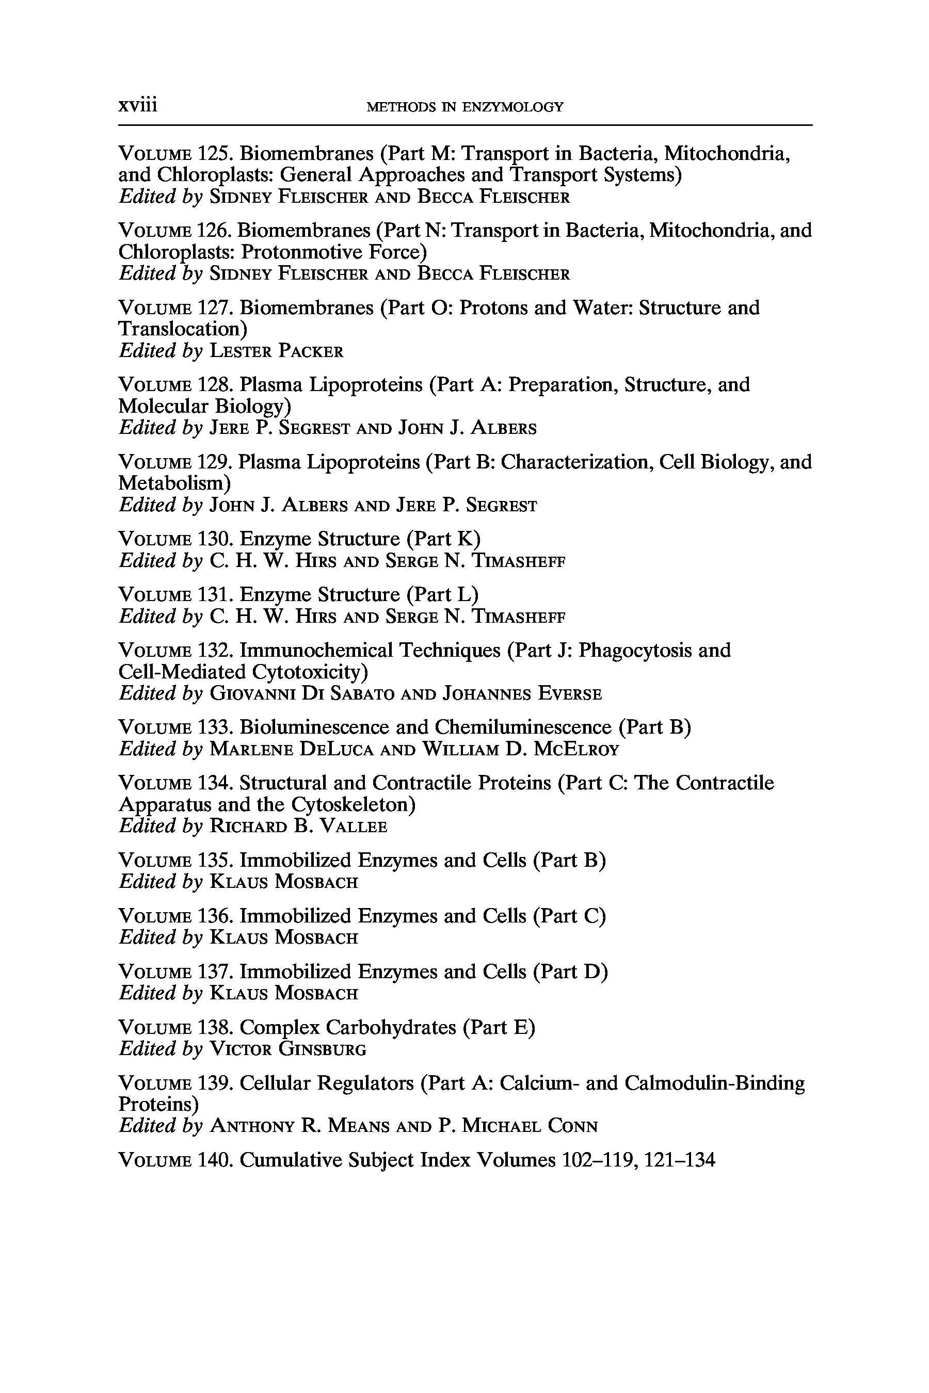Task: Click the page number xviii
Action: [x=137, y=105]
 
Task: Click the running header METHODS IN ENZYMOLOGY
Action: [x=465, y=107]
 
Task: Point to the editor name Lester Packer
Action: [x=277, y=351]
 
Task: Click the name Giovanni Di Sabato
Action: [x=302, y=693]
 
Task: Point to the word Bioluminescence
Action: [x=329, y=727]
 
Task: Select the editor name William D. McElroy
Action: [x=520, y=750]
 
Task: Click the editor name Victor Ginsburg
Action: [x=289, y=1049]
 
